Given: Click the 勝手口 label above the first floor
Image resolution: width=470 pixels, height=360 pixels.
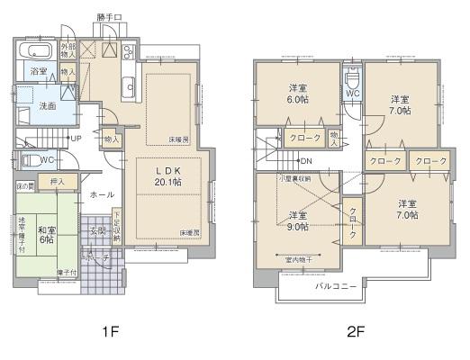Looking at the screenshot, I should tap(109, 17).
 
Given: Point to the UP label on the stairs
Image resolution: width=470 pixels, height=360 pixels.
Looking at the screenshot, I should tap(77, 139).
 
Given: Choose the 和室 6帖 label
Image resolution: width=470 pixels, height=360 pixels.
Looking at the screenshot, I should tap(47, 233).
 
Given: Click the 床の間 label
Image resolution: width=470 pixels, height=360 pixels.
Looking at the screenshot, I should tap(24, 186).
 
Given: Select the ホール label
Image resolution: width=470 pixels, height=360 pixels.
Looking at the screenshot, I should tap(101, 193).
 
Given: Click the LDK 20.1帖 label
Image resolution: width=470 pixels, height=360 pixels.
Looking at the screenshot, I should tap(165, 175).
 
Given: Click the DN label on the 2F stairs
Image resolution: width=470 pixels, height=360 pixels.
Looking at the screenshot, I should tap(305, 161).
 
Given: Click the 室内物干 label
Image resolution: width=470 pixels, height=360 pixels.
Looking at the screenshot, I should tap(299, 260).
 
